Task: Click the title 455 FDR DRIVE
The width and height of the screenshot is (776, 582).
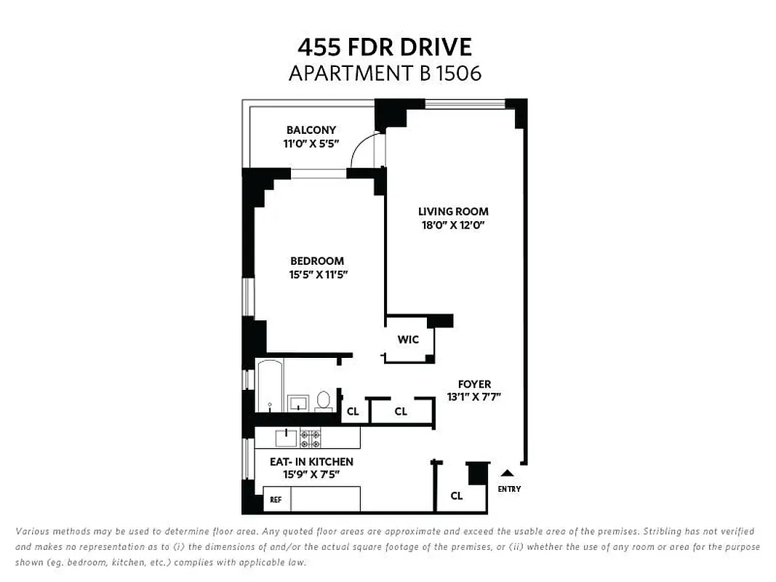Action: [x=385, y=47]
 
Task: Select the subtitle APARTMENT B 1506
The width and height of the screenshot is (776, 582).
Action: [x=385, y=73]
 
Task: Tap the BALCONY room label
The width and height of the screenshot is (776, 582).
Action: [x=311, y=130]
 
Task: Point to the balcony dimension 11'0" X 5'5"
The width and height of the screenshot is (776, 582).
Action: [x=311, y=144]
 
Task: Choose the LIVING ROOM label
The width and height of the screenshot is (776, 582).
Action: [x=453, y=212]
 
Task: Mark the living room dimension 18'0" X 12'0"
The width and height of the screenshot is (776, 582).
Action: [x=453, y=225]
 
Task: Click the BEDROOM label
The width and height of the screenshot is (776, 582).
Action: [x=316, y=261]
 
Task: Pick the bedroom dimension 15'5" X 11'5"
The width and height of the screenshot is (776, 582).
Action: [x=316, y=274]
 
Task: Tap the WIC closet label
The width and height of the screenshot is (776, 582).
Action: [x=408, y=340]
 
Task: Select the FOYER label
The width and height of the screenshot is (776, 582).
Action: [x=474, y=384]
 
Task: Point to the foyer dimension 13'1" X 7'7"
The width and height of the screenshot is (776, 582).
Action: [x=474, y=397]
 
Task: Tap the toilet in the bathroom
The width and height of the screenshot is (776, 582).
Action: [x=324, y=401]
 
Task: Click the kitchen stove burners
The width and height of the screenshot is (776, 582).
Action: [x=311, y=438]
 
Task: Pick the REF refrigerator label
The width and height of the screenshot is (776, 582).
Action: [x=276, y=500]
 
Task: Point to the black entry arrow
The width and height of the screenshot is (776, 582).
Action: [x=508, y=474]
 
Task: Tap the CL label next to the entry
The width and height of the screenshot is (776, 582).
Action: [x=456, y=496]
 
